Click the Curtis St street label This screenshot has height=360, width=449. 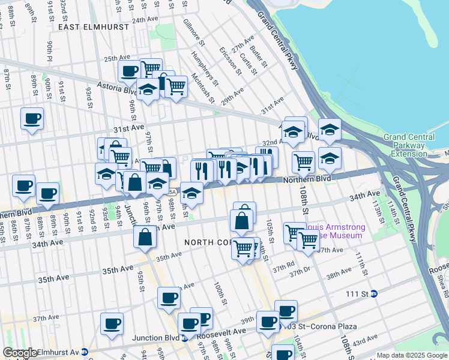pyautogui.click(x=248, y=64)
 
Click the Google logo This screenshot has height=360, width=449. pyautogui.click(x=20, y=353)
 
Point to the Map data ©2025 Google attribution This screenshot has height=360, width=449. pyautogui.click(x=411, y=355)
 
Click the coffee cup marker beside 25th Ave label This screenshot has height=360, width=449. pyautogui.click(x=129, y=71)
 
